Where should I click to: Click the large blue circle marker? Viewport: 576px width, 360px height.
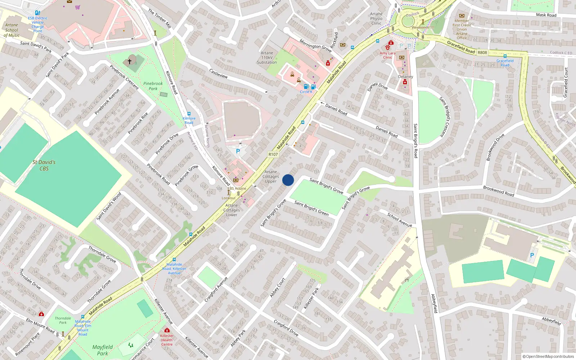click(x=288, y=180)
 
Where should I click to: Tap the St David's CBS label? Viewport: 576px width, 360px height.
click(x=44, y=165)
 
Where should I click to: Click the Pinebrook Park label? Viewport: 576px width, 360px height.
click(x=153, y=86)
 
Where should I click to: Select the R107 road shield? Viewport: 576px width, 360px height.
click(x=273, y=154)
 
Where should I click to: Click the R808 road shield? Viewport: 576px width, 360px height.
click(x=482, y=53)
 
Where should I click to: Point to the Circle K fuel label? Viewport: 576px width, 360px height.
click(x=306, y=92)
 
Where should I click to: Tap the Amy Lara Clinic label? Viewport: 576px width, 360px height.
click(x=387, y=55)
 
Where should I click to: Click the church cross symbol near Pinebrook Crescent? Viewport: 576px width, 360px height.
click(x=130, y=62)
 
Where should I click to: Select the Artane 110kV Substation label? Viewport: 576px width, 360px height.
click(x=267, y=58)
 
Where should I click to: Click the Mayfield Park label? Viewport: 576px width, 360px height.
click(x=102, y=350)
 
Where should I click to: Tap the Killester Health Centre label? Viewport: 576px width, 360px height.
click(x=167, y=340)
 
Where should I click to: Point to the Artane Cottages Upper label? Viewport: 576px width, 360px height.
click(x=271, y=176)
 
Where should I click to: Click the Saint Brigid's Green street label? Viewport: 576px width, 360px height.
click(x=311, y=208)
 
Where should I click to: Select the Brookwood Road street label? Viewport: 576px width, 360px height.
click(x=498, y=191)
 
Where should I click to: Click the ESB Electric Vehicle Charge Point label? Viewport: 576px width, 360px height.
click(x=38, y=24)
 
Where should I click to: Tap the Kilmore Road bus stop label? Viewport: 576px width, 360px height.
click(x=189, y=120)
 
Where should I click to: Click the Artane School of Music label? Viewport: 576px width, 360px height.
click(x=12, y=30)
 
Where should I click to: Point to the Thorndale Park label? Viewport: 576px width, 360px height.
click(x=63, y=320)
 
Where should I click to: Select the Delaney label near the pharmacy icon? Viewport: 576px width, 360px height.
click(x=405, y=77)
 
